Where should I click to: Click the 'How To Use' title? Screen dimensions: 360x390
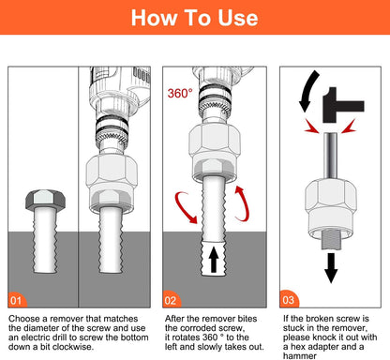point(195,18)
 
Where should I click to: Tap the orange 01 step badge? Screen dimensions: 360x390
point(18,301)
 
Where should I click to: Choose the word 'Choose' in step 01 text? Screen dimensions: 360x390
point(27,320)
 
